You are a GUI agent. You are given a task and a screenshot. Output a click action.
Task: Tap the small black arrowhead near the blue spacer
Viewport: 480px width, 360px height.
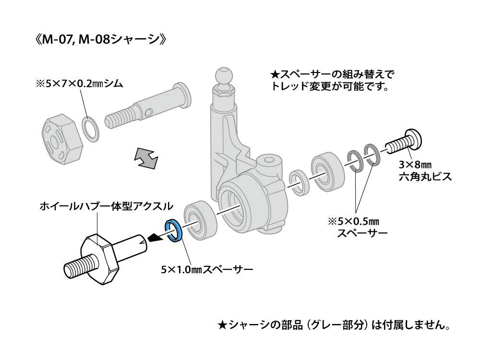click(155, 237)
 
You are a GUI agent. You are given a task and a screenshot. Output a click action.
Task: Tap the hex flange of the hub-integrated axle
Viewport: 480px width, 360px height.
click(100, 259)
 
